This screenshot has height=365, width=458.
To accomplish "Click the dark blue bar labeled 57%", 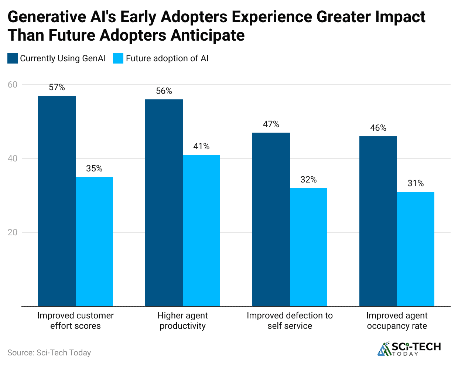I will (57, 201).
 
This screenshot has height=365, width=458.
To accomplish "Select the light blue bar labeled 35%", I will (94, 241).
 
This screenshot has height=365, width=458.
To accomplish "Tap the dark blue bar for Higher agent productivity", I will (164, 202).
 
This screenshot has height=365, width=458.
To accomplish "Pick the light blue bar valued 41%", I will (201, 230).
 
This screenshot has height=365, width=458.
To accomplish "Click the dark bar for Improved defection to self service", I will (271, 219).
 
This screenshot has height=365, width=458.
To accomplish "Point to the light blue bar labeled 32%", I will (308, 247).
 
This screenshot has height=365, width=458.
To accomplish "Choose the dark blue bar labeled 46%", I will (378, 221).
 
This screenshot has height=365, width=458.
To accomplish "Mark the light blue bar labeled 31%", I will (416, 249).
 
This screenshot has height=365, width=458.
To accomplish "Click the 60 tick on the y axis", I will (13, 85).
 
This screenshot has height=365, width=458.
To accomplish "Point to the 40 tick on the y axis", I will (13, 158).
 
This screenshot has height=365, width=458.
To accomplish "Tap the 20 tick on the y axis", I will (13, 232).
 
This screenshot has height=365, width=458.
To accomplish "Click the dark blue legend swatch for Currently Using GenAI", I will (13, 58).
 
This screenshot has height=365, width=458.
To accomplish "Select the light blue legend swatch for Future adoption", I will (118, 58).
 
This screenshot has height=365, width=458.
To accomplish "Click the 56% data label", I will (164, 91).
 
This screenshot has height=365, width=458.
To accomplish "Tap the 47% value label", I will (271, 124).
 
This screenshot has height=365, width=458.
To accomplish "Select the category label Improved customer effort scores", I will (75, 321).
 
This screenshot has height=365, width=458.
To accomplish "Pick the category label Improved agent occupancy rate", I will (397, 321).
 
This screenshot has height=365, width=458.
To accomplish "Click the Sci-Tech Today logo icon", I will (384, 349).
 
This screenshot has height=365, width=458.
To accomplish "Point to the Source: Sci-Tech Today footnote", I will (49, 352).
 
